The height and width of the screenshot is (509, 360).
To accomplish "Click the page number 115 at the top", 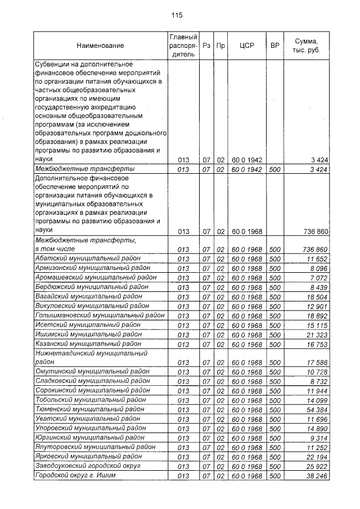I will tap(177, 15).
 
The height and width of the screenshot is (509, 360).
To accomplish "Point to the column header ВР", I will tap(274, 45).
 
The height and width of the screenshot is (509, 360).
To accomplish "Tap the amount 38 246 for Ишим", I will tap(317, 476).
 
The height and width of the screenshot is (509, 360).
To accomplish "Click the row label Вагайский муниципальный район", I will tap(84, 296).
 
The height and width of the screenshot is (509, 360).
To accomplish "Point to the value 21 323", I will tap(317, 334).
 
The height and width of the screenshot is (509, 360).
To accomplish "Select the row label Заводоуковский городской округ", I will tap(88, 466).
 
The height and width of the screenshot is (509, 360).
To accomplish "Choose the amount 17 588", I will tap(317, 362).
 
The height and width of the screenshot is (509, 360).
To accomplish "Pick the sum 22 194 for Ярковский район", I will tap(317, 456).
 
